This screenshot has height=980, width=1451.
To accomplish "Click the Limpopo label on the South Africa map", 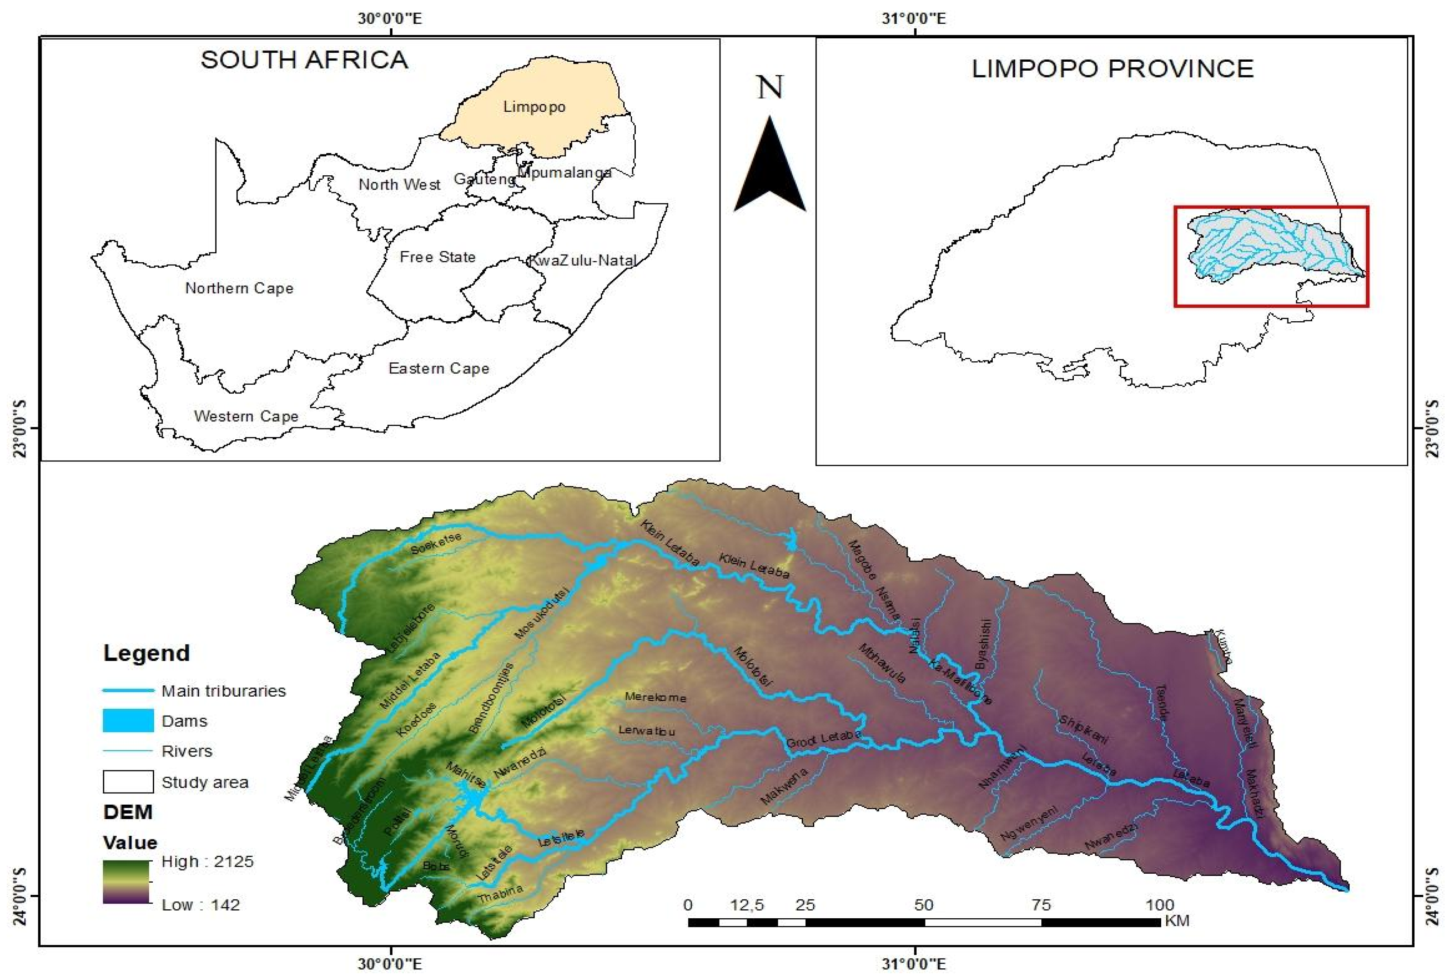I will [534, 107].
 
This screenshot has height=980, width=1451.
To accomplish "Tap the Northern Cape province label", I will [239, 288].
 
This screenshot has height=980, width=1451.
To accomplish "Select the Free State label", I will [438, 257].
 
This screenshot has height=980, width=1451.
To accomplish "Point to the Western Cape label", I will [246, 416].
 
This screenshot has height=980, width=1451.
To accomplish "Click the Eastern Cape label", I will [439, 369].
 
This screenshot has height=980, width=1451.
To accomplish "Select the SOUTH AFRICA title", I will [304, 60].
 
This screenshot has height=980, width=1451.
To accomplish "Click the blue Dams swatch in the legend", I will [128, 720].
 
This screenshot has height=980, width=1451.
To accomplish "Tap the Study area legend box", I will [128, 781].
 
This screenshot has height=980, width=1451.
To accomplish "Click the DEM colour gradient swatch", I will [126, 882].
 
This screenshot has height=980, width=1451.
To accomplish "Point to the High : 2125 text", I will [207, 862].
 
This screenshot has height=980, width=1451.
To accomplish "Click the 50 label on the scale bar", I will [923, 905].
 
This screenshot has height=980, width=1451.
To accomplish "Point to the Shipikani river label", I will [1083, 729].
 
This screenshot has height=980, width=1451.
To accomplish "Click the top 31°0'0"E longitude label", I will [915, 18].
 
